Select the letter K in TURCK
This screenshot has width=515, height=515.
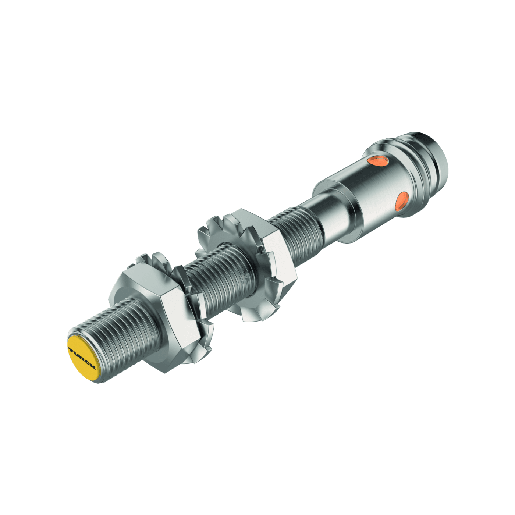coord(92,367)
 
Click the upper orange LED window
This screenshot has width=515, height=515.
coord(379,161)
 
